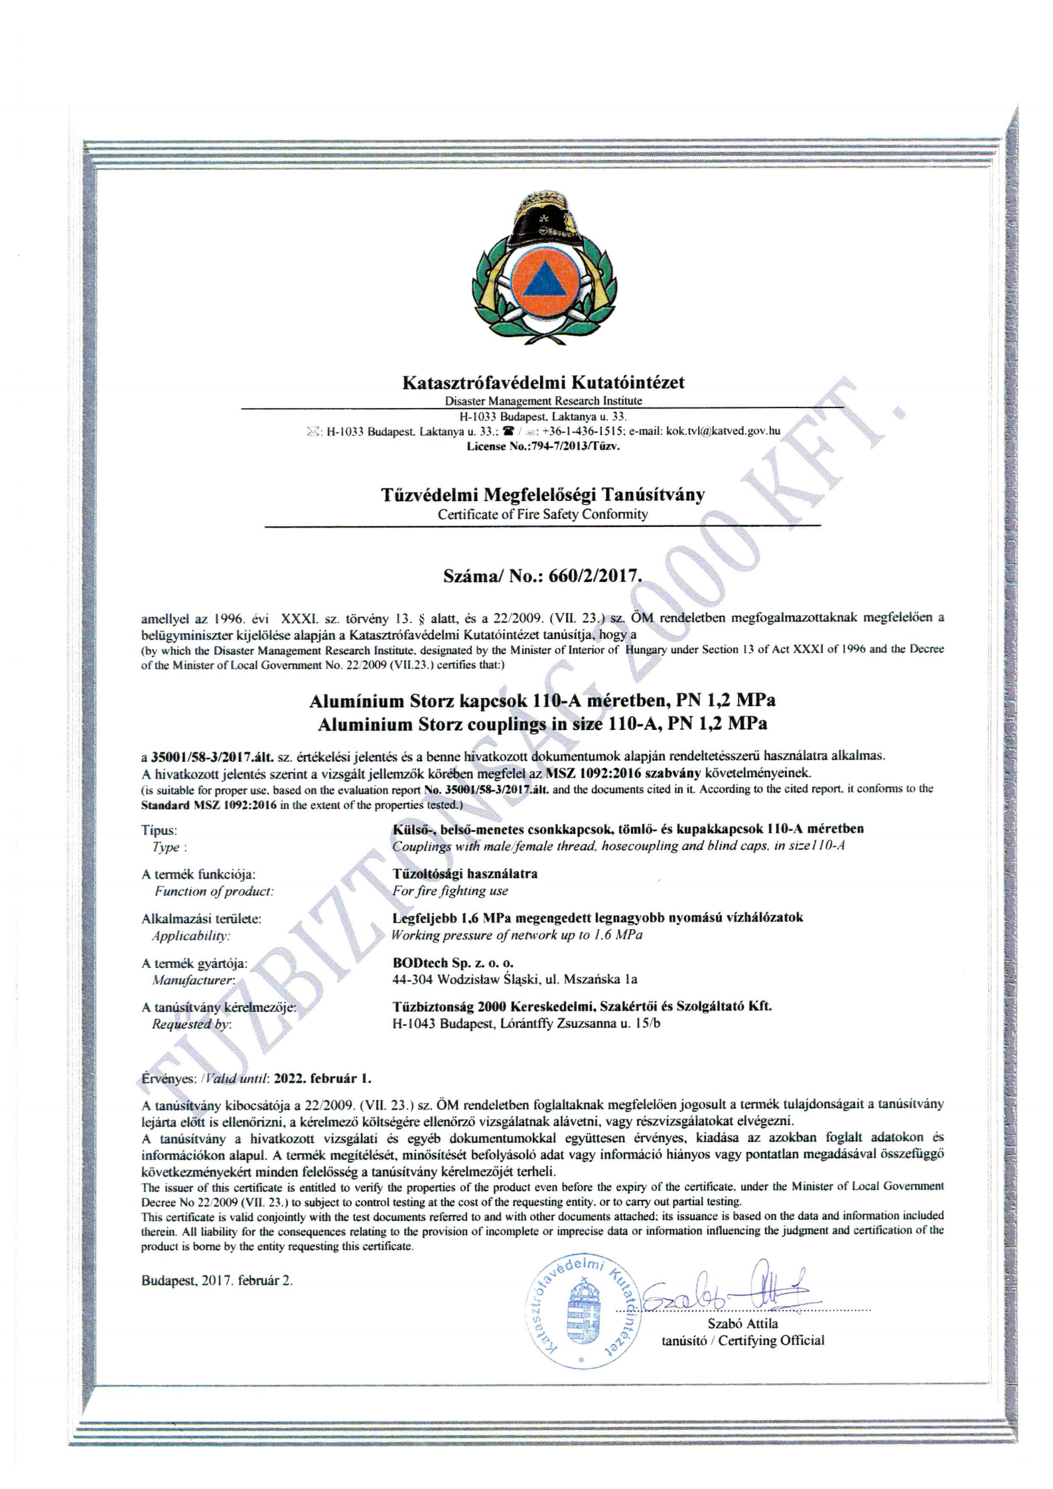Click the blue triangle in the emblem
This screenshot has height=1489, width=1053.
(542, 279)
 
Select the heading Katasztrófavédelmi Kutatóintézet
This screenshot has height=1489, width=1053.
(543, 383)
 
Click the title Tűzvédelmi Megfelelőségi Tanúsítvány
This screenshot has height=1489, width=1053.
(543, 495)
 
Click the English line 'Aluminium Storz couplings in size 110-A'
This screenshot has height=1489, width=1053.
(542, 724)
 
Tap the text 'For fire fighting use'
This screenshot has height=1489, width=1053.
(450, 891)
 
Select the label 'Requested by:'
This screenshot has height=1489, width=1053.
(191, 1024)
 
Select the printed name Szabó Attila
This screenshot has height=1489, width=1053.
(742, 1324)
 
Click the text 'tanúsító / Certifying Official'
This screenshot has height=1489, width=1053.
(742, 1341)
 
